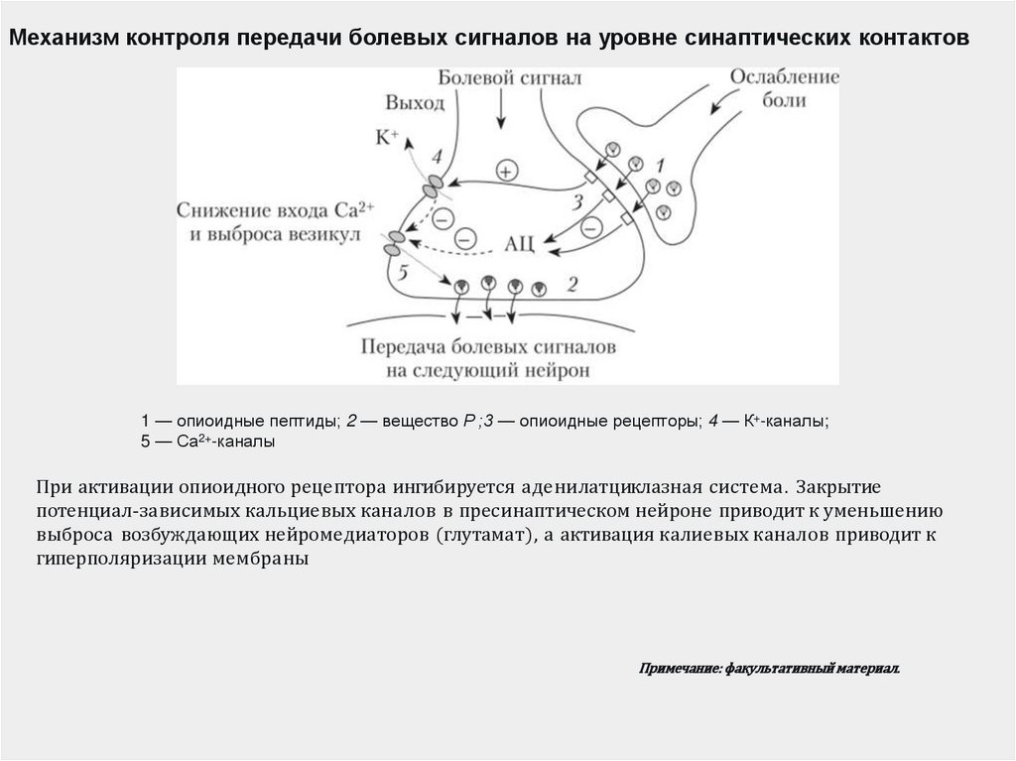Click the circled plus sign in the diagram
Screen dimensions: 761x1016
[507, 171]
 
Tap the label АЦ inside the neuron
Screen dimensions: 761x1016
[521, 241]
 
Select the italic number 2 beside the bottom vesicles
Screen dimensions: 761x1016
[571, 285]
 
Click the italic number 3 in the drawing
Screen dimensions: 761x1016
[575, 203]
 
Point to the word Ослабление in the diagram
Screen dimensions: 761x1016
[785, 77]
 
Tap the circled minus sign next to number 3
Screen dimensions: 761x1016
[591, 228]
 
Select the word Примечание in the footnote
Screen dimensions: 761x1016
[680, 670]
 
